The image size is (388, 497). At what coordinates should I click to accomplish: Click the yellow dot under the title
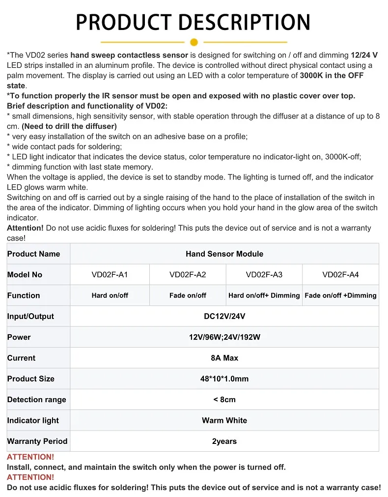point(194,42)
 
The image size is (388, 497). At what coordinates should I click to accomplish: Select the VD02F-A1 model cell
point(110,275)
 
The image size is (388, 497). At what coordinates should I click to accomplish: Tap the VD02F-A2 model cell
point(188,275)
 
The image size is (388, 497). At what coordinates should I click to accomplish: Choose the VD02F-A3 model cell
point(264,275)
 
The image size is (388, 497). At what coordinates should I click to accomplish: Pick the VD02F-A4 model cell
point(340,275)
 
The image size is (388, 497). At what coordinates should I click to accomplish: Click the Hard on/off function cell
point(110,295)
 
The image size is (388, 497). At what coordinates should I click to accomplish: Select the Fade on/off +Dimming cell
point(340,295)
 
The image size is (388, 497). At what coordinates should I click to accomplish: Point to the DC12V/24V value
point(224,316)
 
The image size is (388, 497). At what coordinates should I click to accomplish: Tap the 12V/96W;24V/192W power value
point(224,337)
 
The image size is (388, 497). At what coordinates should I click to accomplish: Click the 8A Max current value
point(224,358)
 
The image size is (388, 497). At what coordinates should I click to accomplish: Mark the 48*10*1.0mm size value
point(224,379)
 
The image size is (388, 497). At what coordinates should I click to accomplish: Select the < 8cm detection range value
point(224,400)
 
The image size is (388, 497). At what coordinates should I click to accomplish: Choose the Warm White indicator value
point(224,420)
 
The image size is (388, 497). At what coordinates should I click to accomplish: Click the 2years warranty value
point(224,441)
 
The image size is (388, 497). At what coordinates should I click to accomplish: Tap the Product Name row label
point(33,254)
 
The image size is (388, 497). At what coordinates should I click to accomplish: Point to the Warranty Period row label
point(37,441)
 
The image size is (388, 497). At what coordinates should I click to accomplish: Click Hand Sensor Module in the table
point(224,254)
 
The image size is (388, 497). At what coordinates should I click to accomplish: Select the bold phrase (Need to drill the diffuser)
point(69,126)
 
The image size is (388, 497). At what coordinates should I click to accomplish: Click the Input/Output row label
point(30,316)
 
